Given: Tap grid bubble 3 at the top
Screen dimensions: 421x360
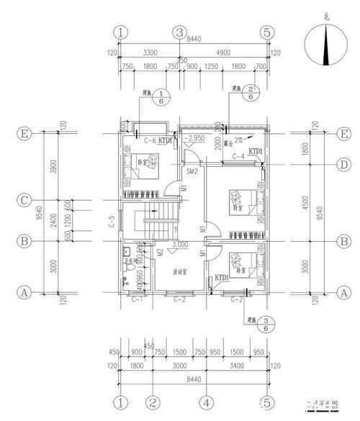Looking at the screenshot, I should (x=179, y=32).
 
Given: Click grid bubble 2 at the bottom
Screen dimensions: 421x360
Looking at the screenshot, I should (x=152, y=400).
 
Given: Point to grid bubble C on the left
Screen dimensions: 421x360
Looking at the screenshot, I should (x=24, y=200).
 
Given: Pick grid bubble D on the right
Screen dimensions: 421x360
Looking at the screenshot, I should (x=345, y=165).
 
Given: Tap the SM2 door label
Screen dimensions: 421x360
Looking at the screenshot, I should (x=192, y=173).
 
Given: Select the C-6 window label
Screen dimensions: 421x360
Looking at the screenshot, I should (x=150, y=140).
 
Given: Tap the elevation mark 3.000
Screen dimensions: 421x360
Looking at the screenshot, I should (x=181, y=244).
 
